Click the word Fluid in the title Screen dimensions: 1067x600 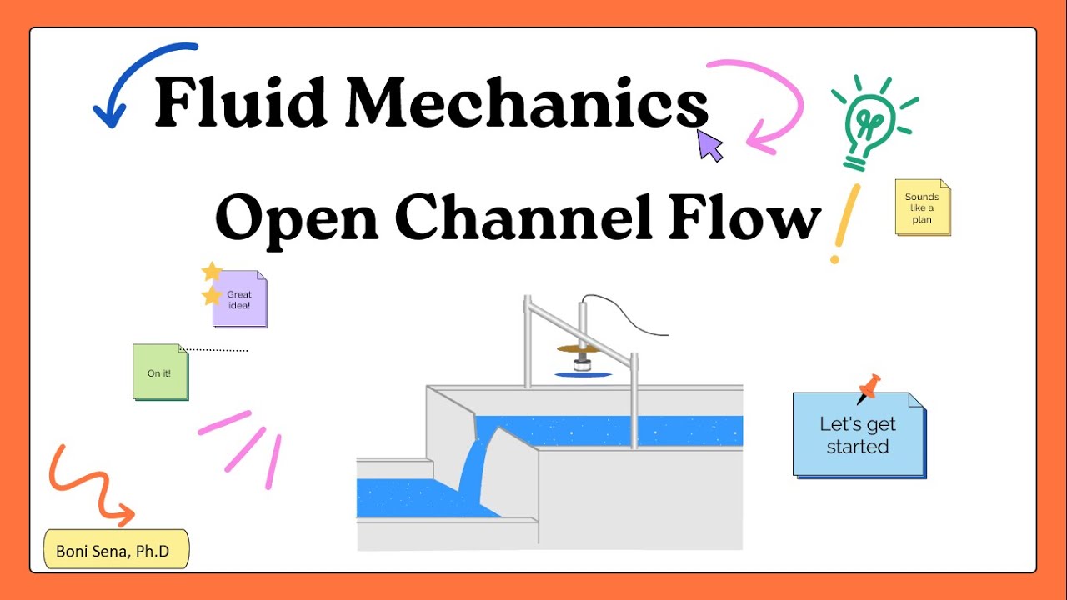coord(241,102)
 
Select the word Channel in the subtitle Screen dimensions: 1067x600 coord(524,216)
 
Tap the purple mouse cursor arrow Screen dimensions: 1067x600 coord(709,146)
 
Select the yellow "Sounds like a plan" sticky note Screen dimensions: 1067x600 coord(923,207)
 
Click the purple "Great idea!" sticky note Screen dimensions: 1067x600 coord(239,299)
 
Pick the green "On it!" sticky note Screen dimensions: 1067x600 coord(161,372)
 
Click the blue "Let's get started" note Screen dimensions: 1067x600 coord(859,435)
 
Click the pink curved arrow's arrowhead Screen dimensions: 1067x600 coord(760,137)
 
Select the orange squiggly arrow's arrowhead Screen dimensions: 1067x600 coord(123,515)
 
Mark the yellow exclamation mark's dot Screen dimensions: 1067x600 coord(834,259)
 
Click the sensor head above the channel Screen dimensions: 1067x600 coord(582,365)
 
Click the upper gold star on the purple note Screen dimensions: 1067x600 coord(212,271)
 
